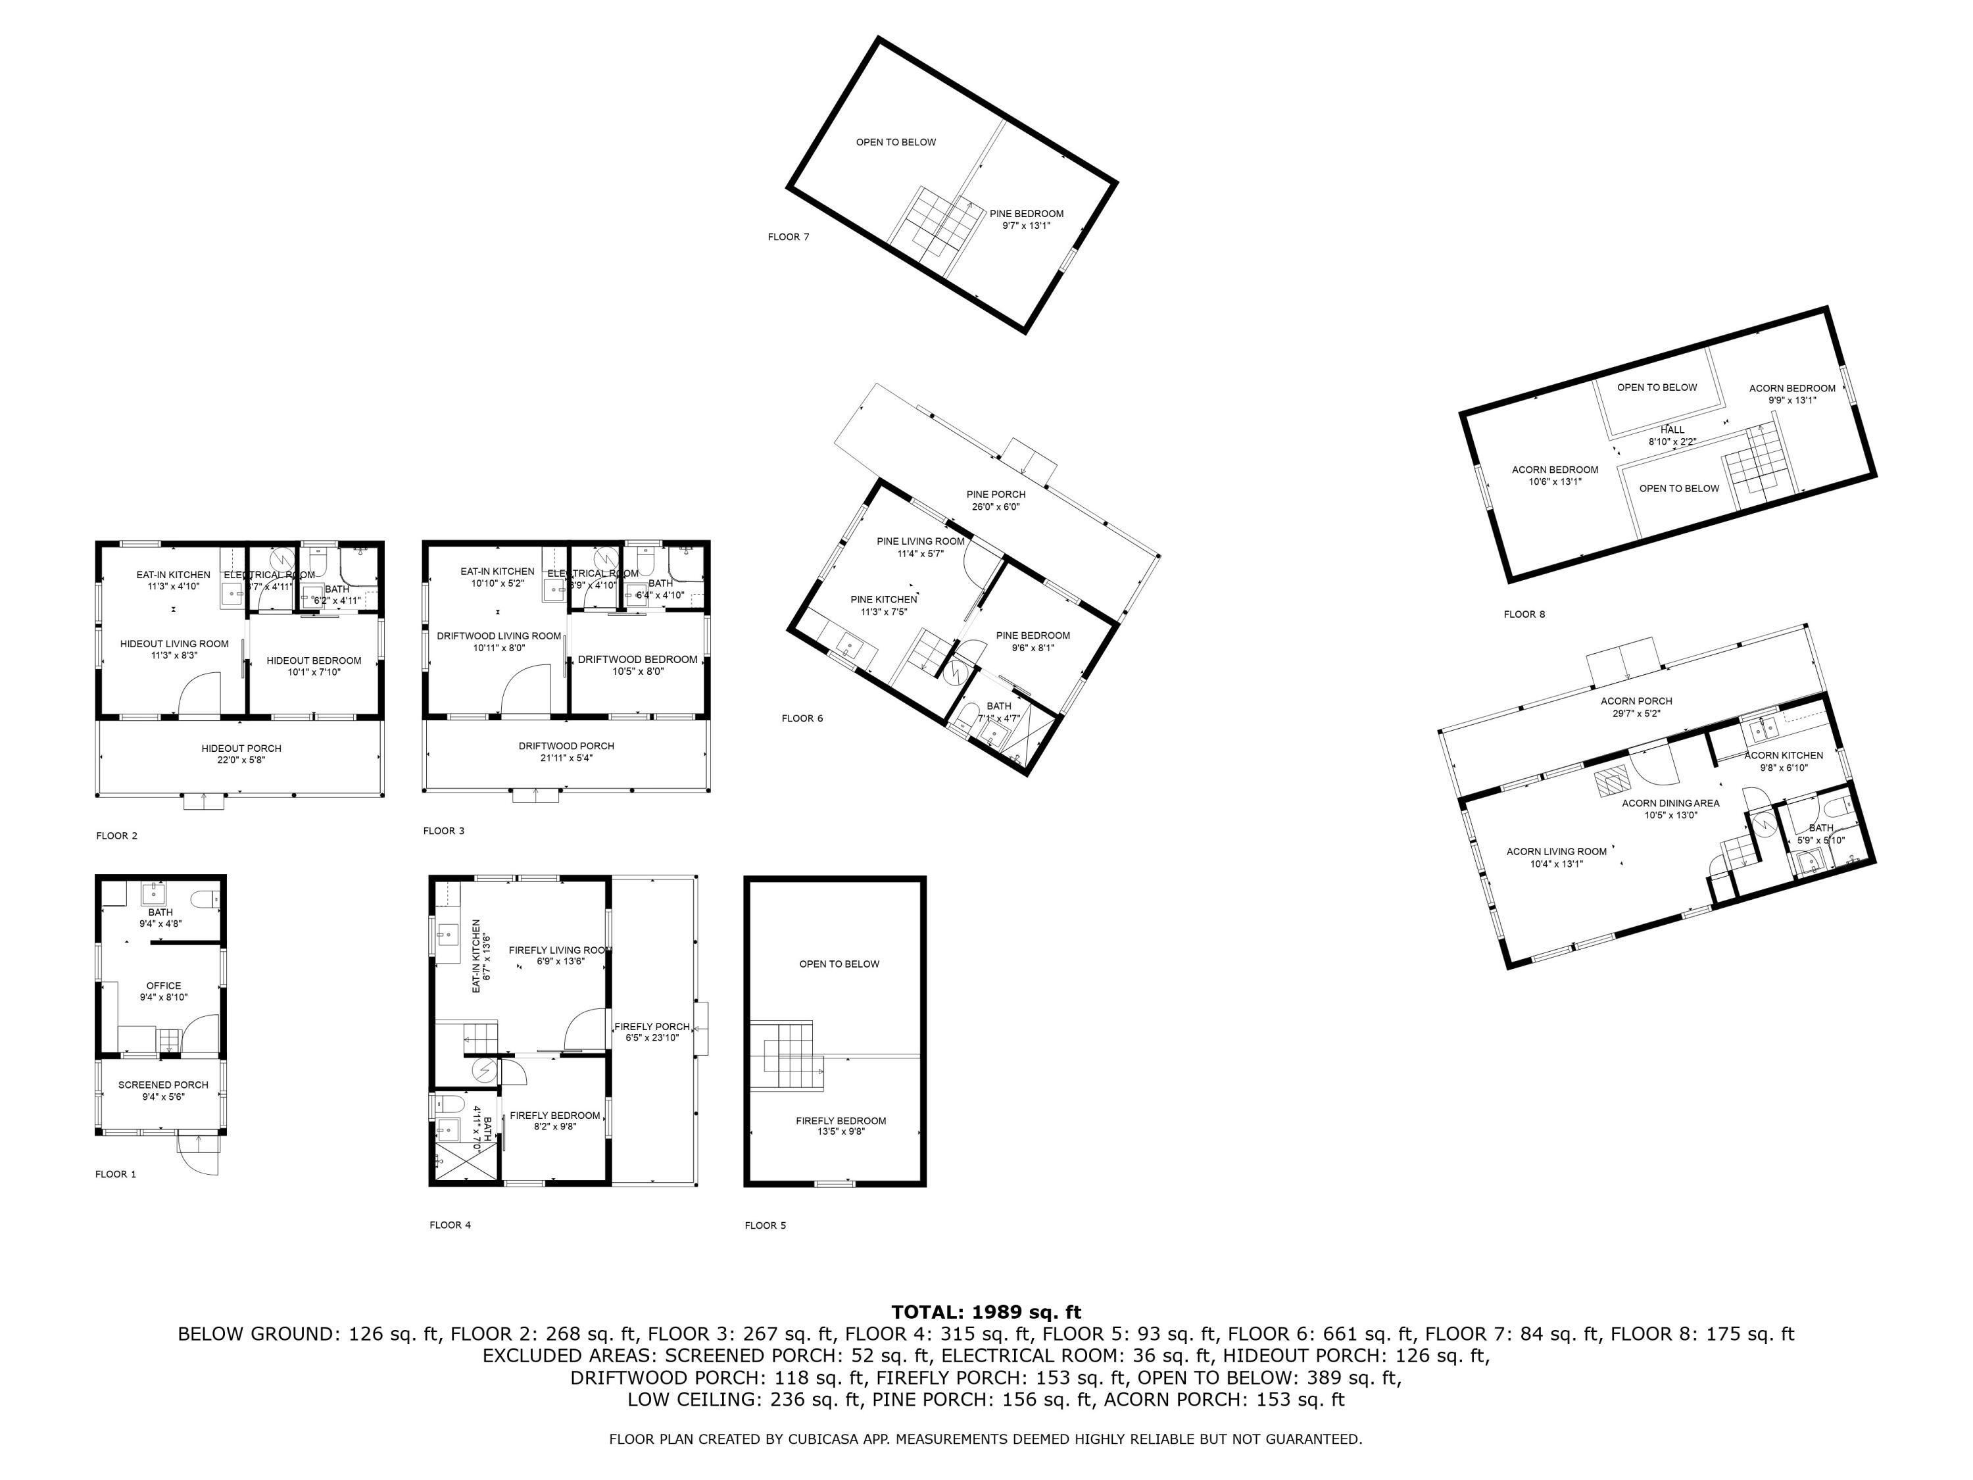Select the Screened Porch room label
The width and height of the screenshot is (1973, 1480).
point(163,1090)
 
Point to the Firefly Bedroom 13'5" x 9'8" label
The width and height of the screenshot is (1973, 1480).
point(840,1126)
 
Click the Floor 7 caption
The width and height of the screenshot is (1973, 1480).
point(788,237)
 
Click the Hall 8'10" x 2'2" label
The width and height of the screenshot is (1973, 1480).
point(1672,435)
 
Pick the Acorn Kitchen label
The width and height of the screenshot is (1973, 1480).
point(1783,761)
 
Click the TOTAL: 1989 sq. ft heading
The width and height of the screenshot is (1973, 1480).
point(986,1312)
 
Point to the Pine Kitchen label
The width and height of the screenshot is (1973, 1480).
point(883,605)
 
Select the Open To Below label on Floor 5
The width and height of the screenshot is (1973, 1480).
point(839,964)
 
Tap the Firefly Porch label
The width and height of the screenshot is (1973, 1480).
point(652,1032)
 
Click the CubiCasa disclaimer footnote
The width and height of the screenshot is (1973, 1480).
point(986,1439)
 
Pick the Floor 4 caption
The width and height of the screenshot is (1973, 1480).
point(450,1225)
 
